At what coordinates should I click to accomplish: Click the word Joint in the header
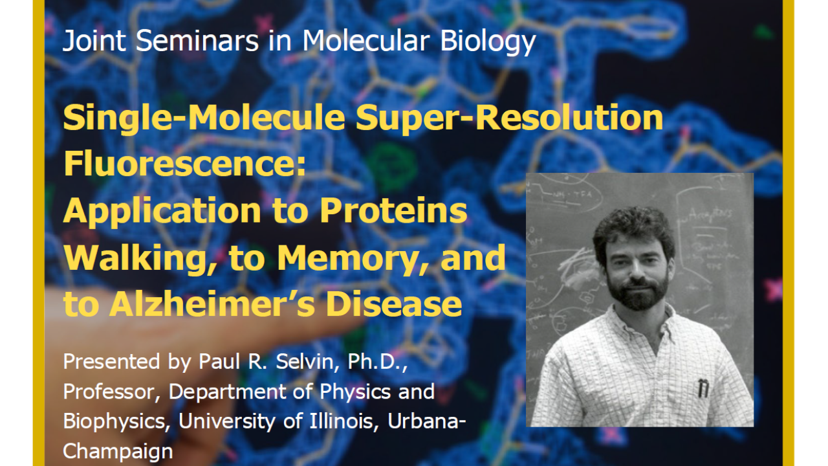point(94,41)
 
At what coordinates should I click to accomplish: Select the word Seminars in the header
point(197,40)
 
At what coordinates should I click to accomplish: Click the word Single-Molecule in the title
point(204,119)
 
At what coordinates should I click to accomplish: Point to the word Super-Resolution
point(509,119)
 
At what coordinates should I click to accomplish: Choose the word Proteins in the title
point(393,210)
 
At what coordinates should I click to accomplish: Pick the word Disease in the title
point(394,304)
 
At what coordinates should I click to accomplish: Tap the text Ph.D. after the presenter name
point(376,362)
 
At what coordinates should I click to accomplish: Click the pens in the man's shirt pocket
point(703,388)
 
